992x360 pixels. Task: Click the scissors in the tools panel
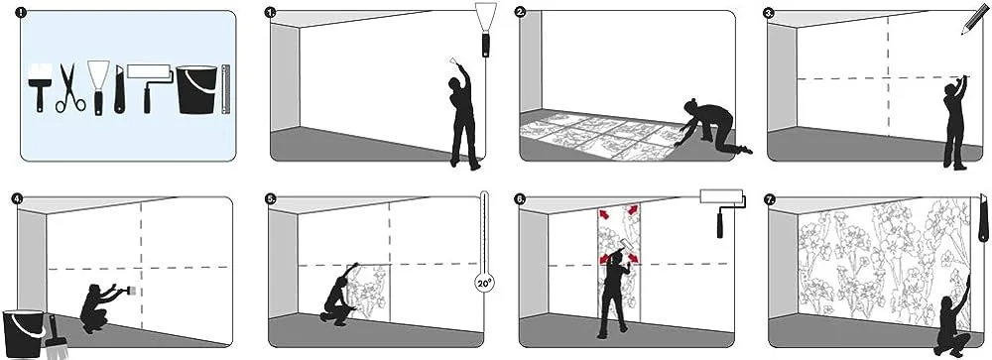pos(69,89)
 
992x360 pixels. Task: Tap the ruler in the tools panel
pos(226,89)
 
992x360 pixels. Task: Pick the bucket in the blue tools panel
pos(196,89)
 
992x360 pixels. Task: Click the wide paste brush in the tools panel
pos(40,88)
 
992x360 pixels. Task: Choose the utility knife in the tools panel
pos(118,89)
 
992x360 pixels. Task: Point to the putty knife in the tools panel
pos(98,88)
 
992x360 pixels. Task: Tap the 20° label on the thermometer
pos(484,284)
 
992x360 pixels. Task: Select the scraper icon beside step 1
pos(486,30)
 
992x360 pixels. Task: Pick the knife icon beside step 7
pos(983,219)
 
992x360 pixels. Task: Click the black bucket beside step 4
pos(23,333)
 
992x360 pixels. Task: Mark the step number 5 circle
pos(271,198)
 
